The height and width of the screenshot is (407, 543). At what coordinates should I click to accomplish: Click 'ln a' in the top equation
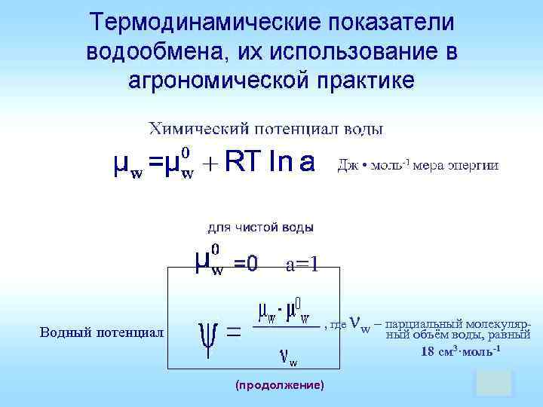pos(292,163)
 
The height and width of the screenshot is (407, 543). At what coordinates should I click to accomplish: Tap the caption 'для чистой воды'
pos(261,226)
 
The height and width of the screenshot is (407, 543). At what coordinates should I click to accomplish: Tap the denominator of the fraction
pos(287,357)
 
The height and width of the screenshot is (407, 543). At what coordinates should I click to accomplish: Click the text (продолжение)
pos(280,385)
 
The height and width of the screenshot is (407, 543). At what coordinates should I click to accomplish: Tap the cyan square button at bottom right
pos(494,383)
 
